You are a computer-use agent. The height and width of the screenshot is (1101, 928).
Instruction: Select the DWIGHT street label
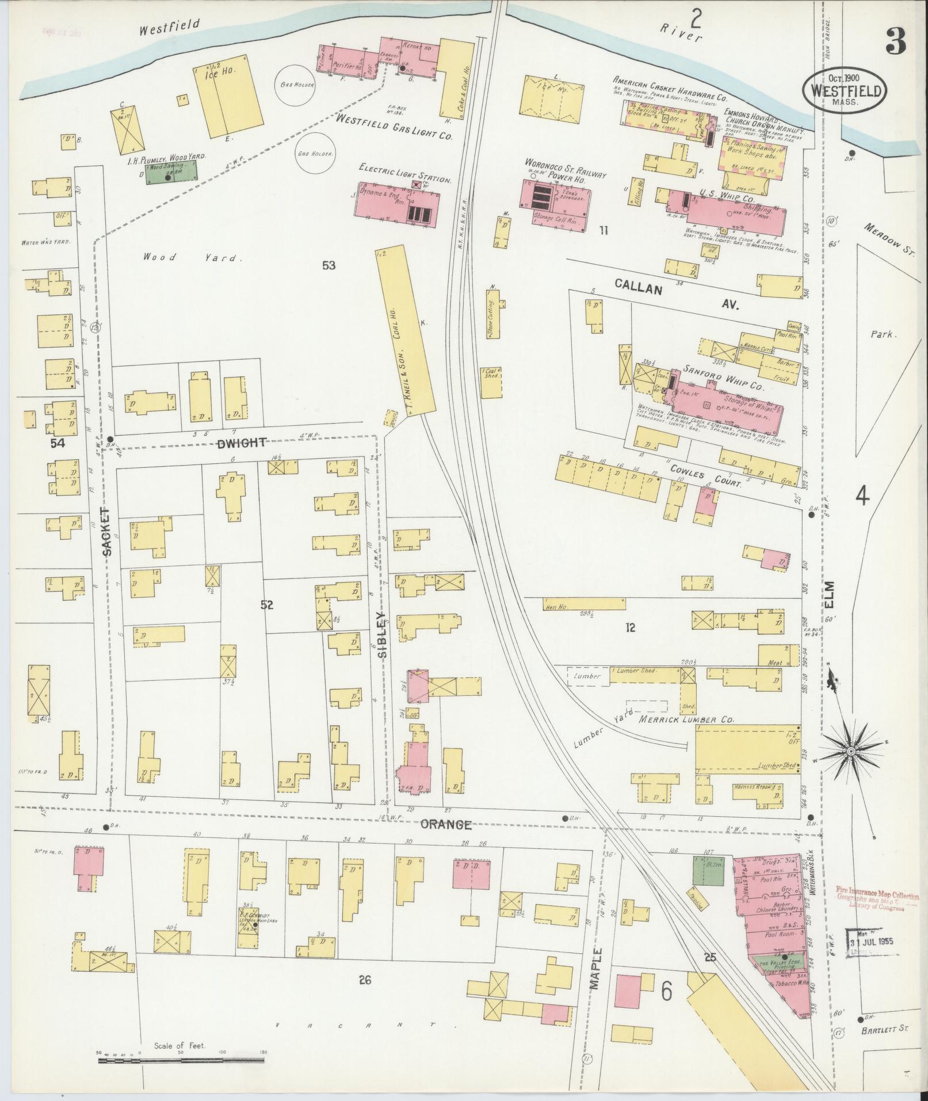click(x=242, y=443)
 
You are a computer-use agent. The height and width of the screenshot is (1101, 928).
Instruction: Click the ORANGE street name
click(x=445, y=825)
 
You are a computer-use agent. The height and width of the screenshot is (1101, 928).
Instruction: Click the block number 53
click(x=329, y=265)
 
